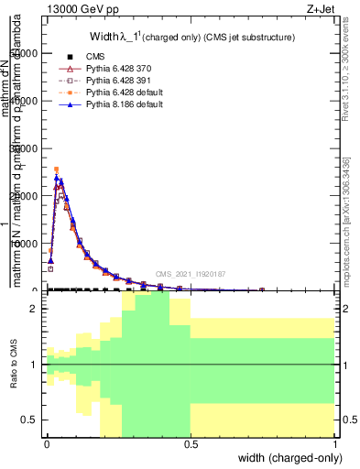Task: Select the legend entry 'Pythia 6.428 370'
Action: tap(123, 69)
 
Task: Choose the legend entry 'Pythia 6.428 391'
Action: tap(123, 81)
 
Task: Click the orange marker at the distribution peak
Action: tap(56, 169)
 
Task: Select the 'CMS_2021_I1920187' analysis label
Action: tap(190, 274)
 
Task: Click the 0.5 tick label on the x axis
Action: tap(191, 442)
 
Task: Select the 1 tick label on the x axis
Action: tap(335, 442)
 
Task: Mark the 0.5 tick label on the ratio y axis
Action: tap(31, 420)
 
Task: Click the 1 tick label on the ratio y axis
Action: tap(35, 365)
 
